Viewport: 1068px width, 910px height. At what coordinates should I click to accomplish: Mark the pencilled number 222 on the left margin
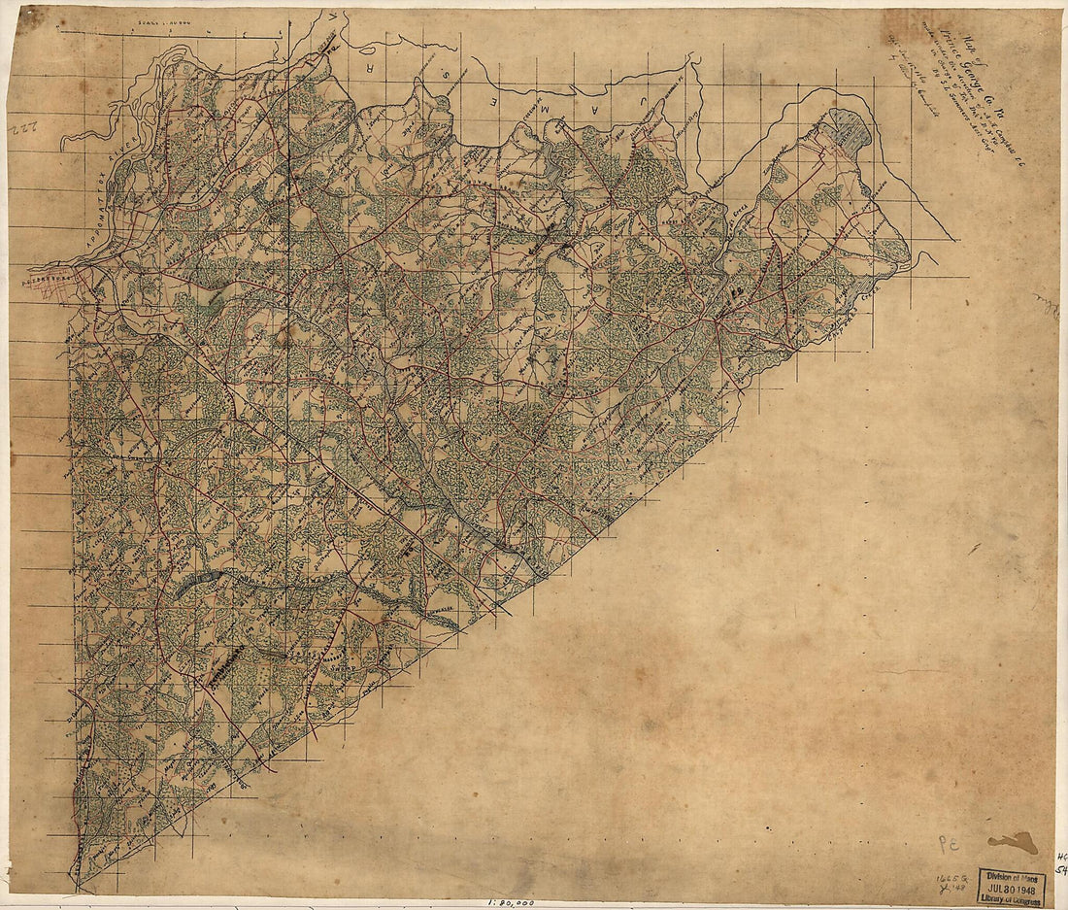(x=23, y=129)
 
